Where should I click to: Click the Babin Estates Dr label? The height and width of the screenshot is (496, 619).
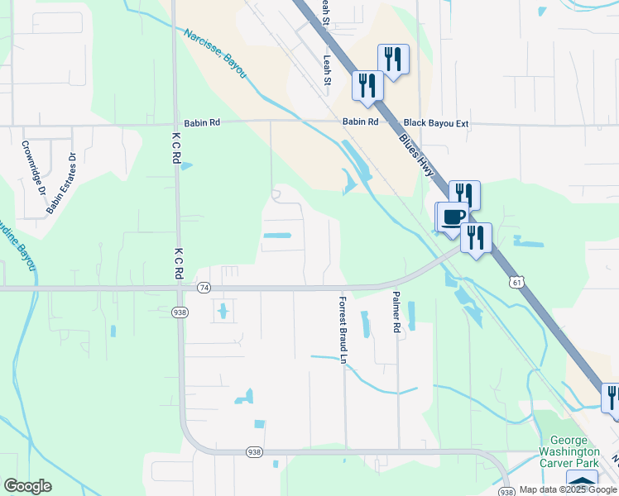61,183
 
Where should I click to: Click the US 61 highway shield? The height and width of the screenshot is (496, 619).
516,283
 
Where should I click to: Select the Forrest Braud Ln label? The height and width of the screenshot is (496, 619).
343,328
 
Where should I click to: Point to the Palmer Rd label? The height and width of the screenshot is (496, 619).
397,312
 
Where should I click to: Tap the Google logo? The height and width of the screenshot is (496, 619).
27,486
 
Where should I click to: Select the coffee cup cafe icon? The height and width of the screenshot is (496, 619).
453,217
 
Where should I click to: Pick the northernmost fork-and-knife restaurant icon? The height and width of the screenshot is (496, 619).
392,59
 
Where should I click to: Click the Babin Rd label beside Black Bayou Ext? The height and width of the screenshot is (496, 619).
361,122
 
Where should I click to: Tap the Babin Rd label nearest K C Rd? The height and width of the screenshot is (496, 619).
203,122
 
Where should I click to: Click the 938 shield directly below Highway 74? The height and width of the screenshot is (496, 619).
180,312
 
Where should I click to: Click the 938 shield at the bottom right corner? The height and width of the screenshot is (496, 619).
508,490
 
